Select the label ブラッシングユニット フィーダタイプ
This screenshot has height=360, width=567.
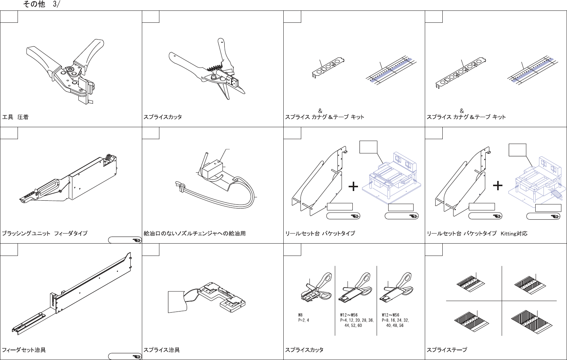45,234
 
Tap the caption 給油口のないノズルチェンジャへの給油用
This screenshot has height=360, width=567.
194,234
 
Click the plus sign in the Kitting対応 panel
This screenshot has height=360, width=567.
498,185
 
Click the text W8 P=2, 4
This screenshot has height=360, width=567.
303,317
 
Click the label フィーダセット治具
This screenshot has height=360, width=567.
24,350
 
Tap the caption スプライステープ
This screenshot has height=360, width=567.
447,350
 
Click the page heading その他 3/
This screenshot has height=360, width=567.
41,4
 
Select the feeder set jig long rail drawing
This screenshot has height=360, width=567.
75,295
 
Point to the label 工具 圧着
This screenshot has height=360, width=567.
15,117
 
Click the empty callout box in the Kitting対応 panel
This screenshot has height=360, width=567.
517,150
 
